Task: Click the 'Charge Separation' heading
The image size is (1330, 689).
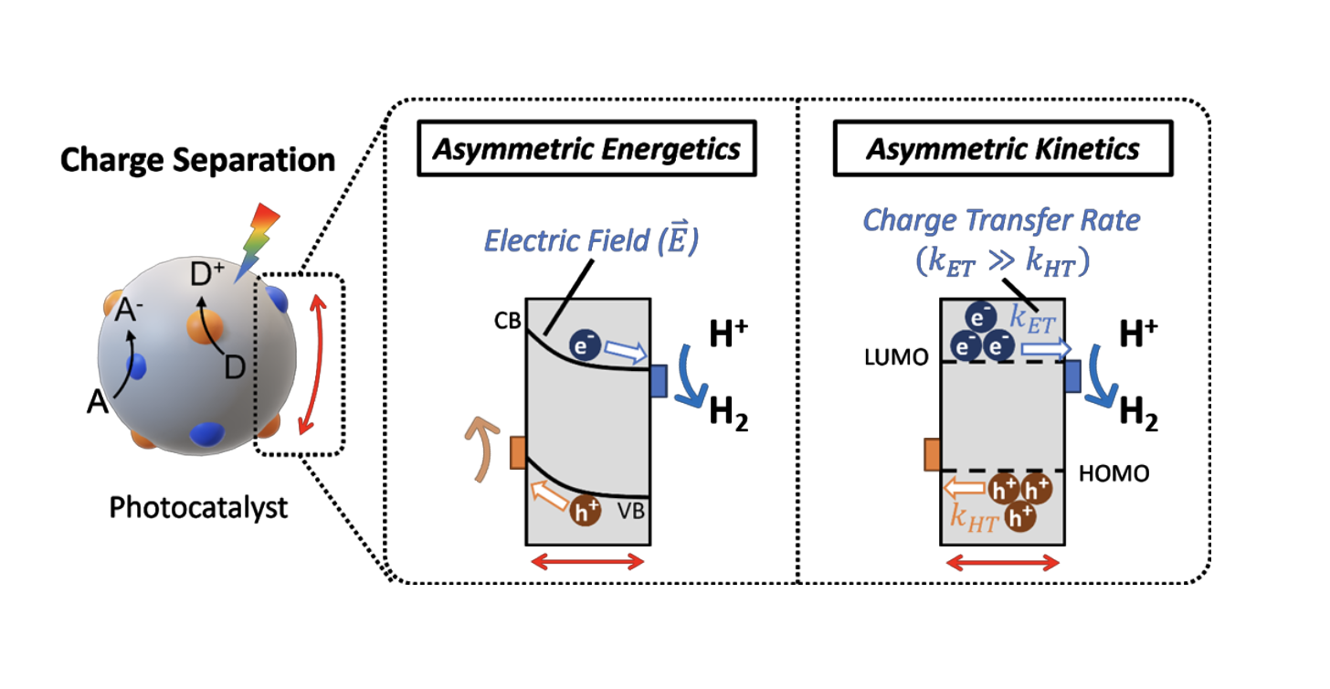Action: [x=197, y=161]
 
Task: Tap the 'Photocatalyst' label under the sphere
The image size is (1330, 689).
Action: [x=198, y=507]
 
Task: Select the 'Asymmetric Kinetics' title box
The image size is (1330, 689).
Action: [x=1001, y=149]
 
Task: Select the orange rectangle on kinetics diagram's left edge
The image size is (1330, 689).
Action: [x=932, y=454]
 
